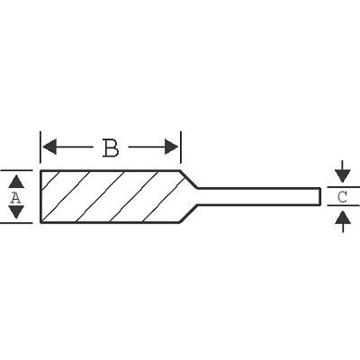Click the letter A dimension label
[15, 197]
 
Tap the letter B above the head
[111, 148]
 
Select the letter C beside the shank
[342, 197]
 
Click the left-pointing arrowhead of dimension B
[49, 147]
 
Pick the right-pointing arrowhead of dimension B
[172, 147]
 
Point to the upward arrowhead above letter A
[16, 182]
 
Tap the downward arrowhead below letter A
[16, 211]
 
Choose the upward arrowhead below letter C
[343, 217]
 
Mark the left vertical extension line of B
[40, 148]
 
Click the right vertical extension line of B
[181, 148]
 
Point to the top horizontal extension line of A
[16, 170]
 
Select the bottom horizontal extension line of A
[16, 223]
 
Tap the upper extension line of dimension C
[343, 187]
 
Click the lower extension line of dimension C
[343, 205]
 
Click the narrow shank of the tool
[258, 197]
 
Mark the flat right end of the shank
[319, 197]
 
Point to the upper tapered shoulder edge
[188, 179]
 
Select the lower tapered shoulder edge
[188, 214]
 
